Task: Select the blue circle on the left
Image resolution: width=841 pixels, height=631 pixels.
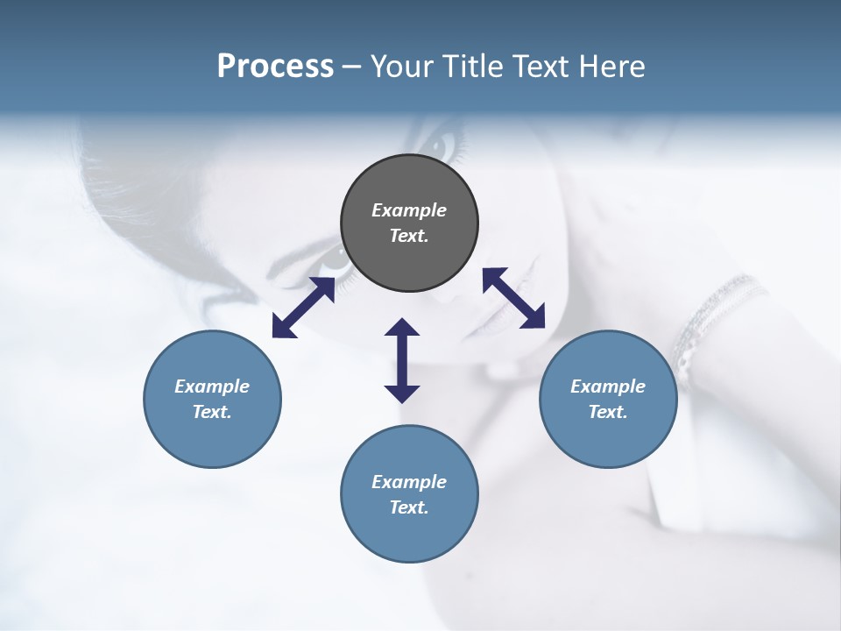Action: click(x=212, y=399)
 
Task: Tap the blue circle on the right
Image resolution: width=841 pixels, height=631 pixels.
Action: click(x=608, y=399)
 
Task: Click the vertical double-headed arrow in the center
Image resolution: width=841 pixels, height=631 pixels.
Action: click(x=402, y=360)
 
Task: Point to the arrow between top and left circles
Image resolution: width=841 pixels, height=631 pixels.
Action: click(x=303, y=308)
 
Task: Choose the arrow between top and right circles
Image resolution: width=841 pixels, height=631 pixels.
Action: click(x=514, y=298)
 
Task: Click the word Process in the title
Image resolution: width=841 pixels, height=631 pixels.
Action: click(x=275, y=66)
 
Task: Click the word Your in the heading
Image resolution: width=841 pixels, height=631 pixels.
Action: click(x=402, y=66)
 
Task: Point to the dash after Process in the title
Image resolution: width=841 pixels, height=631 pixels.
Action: click(x=351, y=67)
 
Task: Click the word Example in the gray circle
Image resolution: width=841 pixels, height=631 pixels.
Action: click(x=409, y=210)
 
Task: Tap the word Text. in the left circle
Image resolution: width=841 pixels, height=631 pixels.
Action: click(x=212, y=412)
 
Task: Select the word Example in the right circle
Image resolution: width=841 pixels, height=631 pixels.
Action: click(x=608, y=386)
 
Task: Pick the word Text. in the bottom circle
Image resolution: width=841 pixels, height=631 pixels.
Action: click(x=409, y=507)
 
